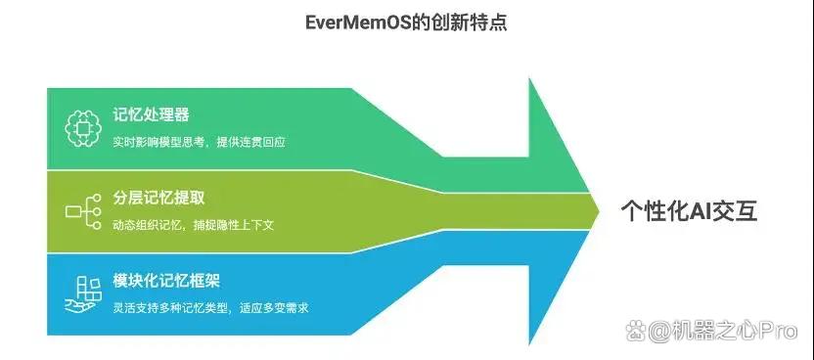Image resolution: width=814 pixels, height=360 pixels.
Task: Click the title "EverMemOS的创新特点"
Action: [406, 23]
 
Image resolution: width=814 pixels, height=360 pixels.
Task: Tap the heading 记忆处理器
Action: [151, 114]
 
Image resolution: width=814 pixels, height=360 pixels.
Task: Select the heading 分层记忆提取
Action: [158, 198]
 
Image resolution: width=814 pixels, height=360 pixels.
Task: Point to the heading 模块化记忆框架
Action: [166, 281]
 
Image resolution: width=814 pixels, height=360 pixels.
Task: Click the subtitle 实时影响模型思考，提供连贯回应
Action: [200, 142]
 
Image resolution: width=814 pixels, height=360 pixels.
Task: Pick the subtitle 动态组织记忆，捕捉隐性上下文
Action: [194, 225]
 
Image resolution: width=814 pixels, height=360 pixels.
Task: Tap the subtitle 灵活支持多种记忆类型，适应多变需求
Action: [210, 307]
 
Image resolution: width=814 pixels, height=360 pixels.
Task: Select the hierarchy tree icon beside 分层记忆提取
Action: [83, 211]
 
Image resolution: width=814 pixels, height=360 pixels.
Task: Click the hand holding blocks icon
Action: [83, 294]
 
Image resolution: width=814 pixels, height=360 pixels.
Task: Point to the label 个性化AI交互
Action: [689, 211]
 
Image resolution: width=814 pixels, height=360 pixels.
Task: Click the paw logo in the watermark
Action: [636, 331]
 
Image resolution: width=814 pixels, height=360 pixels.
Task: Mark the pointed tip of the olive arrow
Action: [600, 211]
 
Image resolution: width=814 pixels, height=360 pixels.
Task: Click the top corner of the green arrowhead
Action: [529, 79]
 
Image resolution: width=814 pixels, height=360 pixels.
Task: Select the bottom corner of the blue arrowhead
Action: [529, 344]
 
